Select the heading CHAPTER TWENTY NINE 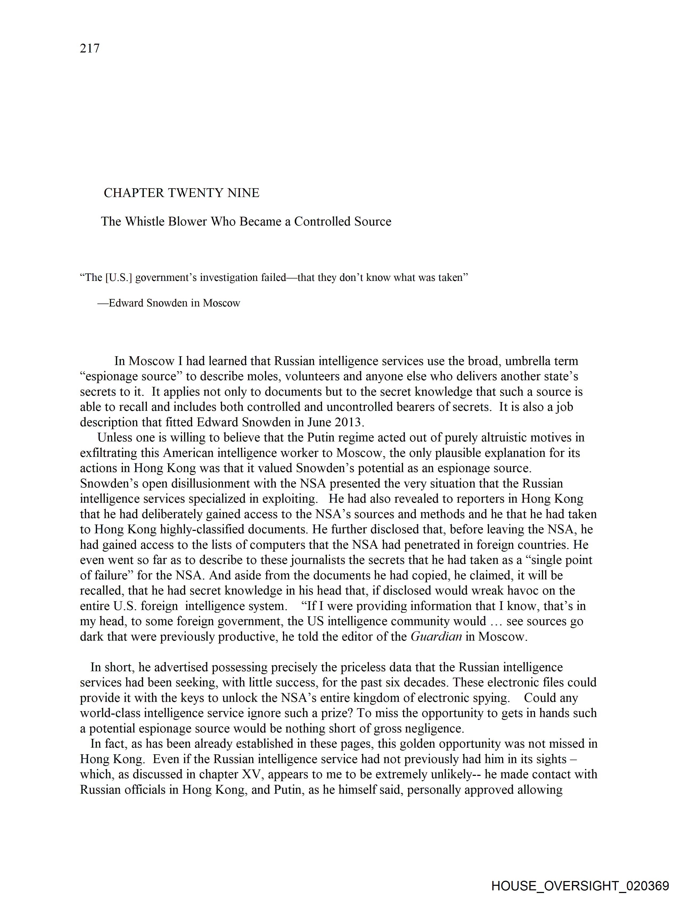181,193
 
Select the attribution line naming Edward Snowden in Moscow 169,303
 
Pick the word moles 263,376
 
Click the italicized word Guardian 436,636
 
